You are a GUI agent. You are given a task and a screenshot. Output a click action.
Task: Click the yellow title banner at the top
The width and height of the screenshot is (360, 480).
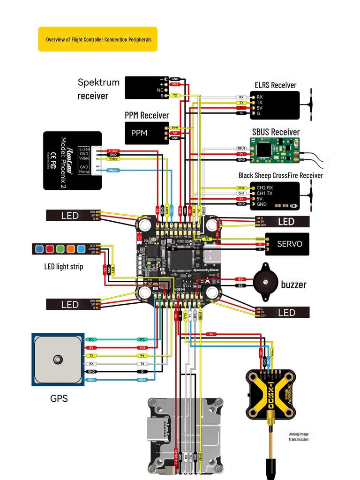tap(97, 39)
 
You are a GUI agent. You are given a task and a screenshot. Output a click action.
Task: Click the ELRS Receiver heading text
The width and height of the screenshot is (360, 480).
tap(276, 85)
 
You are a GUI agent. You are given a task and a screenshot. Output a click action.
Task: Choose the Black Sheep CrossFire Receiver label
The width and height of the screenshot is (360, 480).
tap(281, 175)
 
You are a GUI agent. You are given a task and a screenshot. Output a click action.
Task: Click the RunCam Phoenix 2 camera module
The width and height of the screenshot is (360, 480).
tap(72, 160)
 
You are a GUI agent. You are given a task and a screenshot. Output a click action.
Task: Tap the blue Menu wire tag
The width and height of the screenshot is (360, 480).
tap(113, 170)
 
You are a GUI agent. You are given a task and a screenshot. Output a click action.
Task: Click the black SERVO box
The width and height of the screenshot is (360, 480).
tap(287, 244)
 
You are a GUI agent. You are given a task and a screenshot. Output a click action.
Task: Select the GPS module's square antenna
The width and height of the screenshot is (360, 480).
tap(57, 360)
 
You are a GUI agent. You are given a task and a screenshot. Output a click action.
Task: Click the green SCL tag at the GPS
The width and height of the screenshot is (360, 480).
tap(91, 339)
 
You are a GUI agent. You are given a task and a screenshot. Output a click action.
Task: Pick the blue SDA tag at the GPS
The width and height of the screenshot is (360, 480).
tap(91, 379)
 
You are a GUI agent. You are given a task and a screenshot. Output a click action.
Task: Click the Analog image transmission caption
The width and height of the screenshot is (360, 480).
tap(299, 436)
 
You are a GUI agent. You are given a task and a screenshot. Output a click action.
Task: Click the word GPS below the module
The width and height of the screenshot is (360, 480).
tap(59, 399)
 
